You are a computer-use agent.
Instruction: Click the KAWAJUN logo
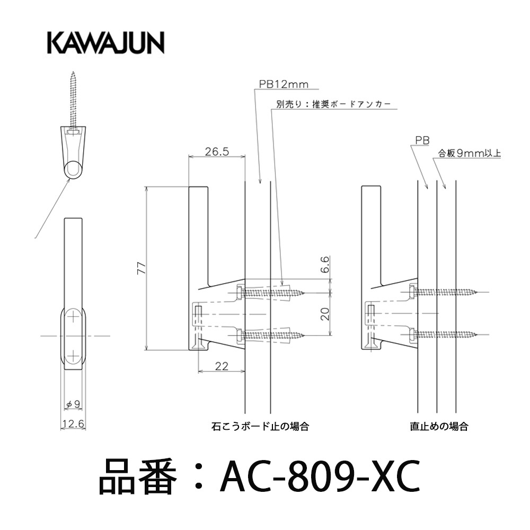coord(105,43)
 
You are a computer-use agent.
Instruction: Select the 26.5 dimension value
coord(217,152)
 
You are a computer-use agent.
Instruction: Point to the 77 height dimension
coord(142,268)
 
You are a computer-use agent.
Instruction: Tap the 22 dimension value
coord(222,366)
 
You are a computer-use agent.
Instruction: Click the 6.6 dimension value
coord(324,264)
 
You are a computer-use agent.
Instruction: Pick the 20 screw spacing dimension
coord(324,314)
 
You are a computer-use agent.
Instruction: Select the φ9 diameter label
coord(73,403)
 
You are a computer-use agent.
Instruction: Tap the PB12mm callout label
coord(284,84)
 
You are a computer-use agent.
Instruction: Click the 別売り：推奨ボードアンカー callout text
coord(333,104)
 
